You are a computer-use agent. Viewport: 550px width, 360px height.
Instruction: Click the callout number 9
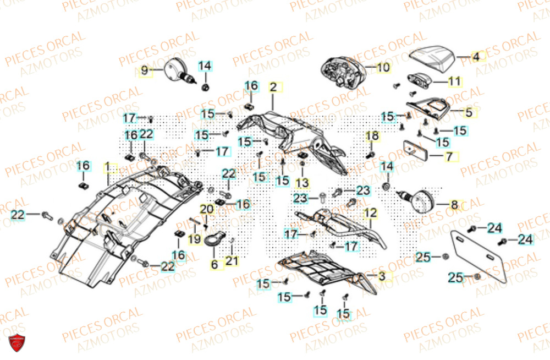pos(145,70)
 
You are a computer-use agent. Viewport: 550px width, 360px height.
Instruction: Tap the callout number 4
pos(476,56)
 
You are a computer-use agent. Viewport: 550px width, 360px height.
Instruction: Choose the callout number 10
pos(383,68)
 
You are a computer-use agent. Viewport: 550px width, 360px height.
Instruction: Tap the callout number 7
pos(449,156)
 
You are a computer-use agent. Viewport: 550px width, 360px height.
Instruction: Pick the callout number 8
pos(454,205)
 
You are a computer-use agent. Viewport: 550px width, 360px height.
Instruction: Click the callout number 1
pos(108,166)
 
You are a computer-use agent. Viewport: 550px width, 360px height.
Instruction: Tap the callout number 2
pos(272,87)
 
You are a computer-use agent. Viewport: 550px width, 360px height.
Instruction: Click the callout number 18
pos(372,136)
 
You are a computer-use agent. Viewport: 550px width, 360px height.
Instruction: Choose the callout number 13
pos(303,182)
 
